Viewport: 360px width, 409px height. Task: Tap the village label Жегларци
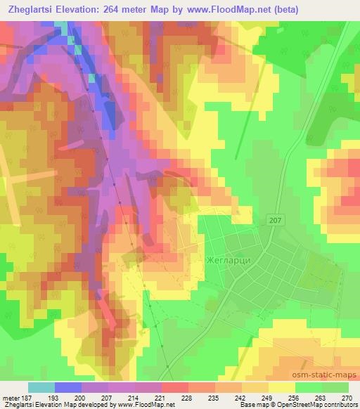tap(229, 258)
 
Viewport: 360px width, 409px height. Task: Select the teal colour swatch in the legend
tap(41, 387)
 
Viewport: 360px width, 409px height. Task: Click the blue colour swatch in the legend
tap(68, 387)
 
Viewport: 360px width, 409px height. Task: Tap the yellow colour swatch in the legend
tap(281, 387)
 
